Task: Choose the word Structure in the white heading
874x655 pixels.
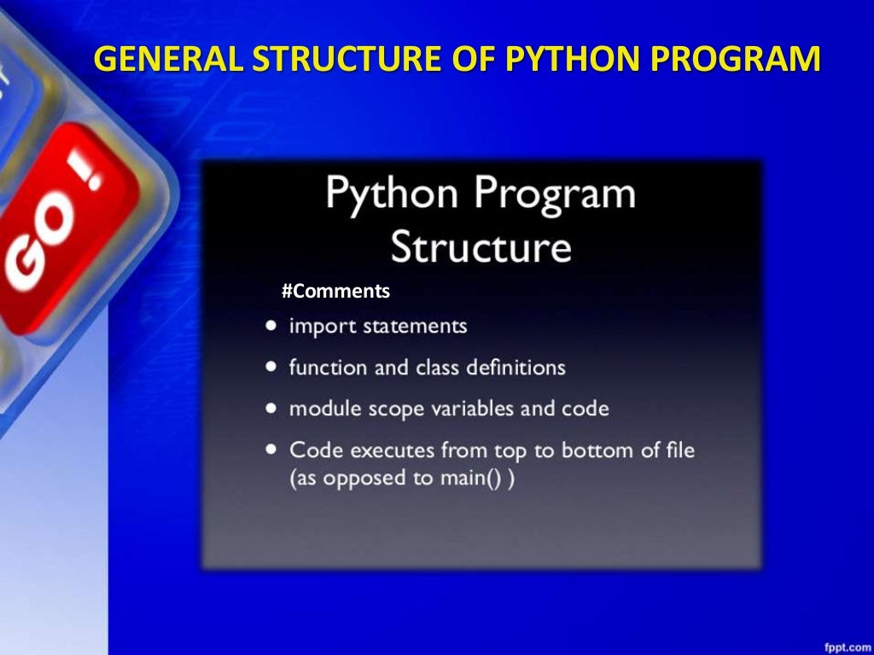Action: pyautogui.click(x=481, y=246)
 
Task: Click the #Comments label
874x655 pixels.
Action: pyautogui.click(x=335, y=292)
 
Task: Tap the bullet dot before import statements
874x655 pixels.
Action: pyautogui.click(x=271, y=326)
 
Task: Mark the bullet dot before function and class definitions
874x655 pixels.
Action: pyautogui.click(x=271, y=367)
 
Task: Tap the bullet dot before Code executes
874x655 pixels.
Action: pyautogui.click(x=271, y=449)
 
